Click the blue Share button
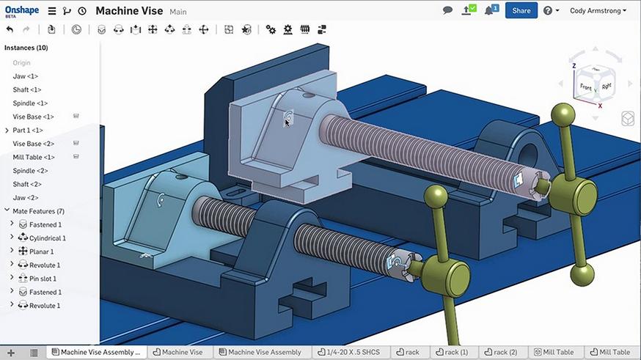point(521,10)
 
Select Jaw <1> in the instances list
point(26,76)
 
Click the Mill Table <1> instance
point(34,157)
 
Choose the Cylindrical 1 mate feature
point(47,238)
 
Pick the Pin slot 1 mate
point(43,279)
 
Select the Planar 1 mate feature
point(41,251)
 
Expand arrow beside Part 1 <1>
point(7,131)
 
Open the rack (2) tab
point(501,352)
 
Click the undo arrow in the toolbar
point(10,29)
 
